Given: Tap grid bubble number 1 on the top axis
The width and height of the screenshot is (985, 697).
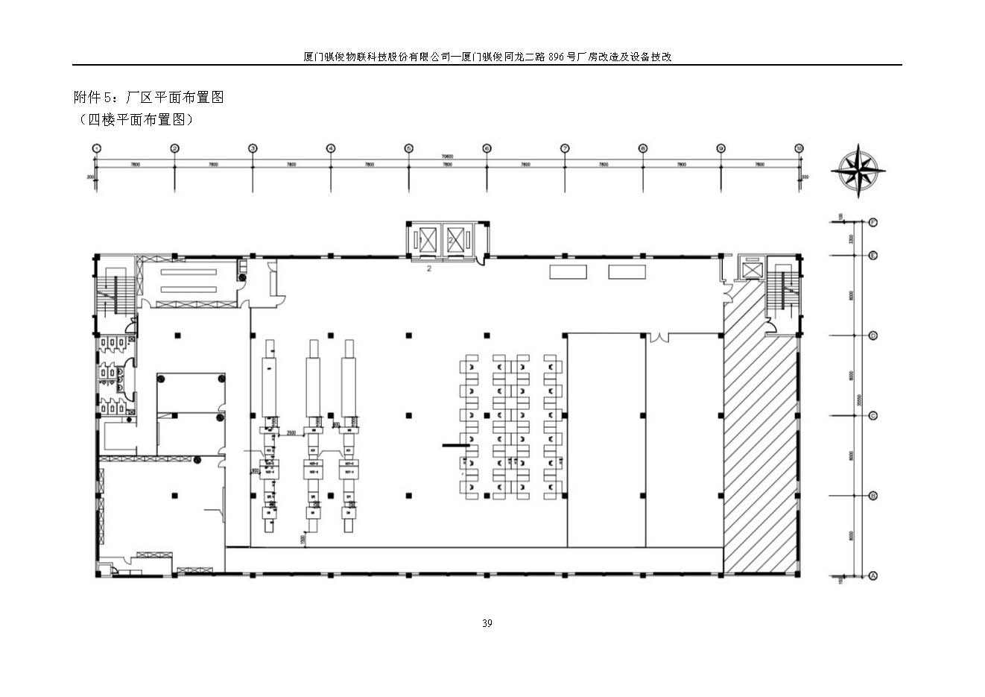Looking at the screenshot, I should (96, 148).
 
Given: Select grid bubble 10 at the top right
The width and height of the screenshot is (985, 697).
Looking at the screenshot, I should (799, 148).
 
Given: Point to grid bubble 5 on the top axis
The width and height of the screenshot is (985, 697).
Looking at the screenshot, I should (408, 148).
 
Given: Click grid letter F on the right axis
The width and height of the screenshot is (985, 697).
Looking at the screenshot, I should (873, 222).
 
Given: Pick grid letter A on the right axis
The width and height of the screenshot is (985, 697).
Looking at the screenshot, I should (873, 575).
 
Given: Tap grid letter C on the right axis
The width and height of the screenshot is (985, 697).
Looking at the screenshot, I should (873, 416).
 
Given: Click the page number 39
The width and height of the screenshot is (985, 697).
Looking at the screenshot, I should (487, 623).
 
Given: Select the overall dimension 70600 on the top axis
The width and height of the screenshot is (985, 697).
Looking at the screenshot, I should (447, 157).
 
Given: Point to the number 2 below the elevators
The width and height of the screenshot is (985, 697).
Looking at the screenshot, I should (429, 269).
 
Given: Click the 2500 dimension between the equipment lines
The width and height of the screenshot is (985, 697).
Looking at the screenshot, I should (291, 432).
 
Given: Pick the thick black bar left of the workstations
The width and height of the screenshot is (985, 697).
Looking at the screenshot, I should (455, 446).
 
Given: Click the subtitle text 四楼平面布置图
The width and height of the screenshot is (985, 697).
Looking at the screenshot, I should (135, 119).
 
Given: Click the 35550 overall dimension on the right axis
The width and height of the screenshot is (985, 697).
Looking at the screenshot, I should (858, 399).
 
